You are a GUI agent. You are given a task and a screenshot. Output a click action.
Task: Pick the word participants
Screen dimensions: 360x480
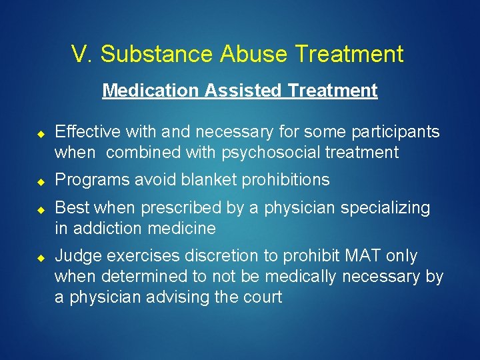click(x=397, y=132)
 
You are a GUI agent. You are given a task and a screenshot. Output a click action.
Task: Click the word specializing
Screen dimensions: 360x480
click(x=385, y=208)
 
